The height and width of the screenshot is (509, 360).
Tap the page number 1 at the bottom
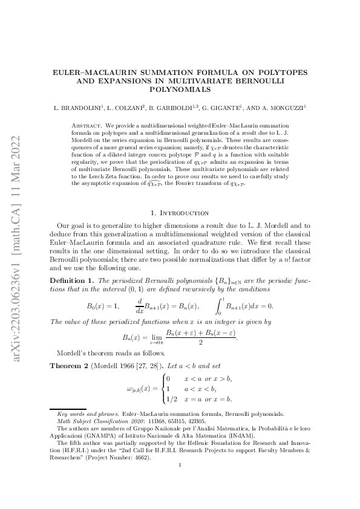[x=180, y=481]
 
